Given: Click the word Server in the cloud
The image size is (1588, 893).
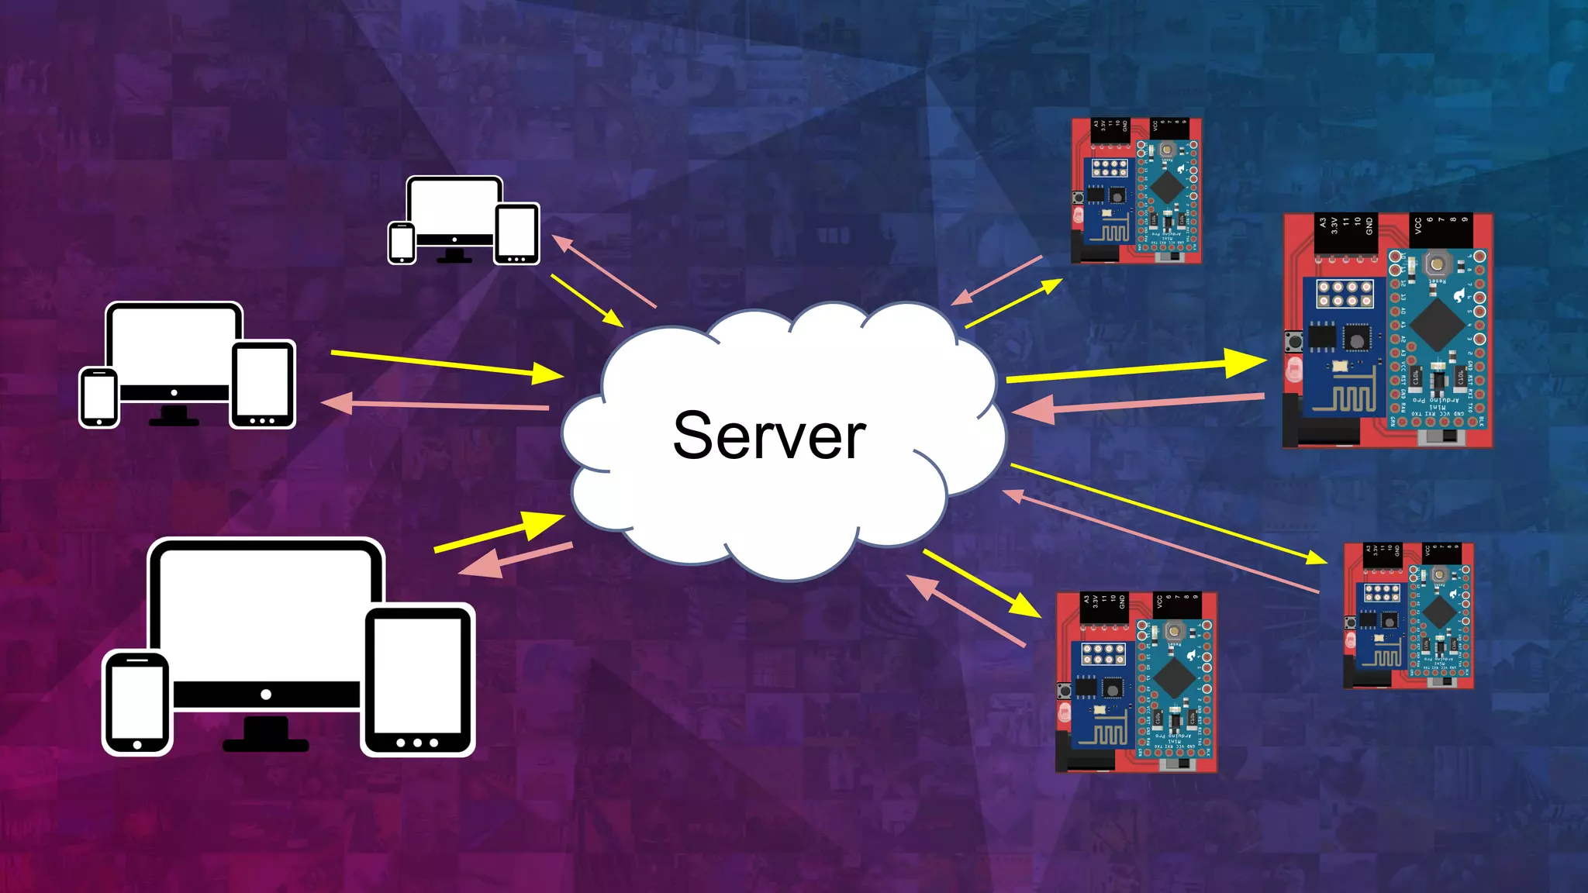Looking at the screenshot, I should pos(768,436).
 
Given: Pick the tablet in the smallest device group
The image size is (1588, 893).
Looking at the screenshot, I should pos(516,233).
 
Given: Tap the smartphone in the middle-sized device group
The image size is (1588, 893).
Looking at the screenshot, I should pos(99,397).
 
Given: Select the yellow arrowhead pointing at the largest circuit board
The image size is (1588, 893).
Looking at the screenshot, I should pos(1246,362).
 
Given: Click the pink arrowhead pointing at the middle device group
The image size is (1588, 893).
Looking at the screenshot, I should pos(337,402).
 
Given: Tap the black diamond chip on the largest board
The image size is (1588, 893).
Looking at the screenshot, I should pos(1436,324).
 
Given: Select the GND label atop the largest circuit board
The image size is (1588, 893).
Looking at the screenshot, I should pos(1369,226).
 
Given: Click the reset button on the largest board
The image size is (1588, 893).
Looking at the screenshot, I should pos(1437,264).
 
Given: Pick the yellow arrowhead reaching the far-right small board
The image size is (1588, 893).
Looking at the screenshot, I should pos(1316,557).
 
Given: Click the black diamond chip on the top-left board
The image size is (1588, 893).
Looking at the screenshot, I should pos(1165,185).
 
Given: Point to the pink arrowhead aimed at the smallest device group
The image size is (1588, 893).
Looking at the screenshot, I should pos(562,244).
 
